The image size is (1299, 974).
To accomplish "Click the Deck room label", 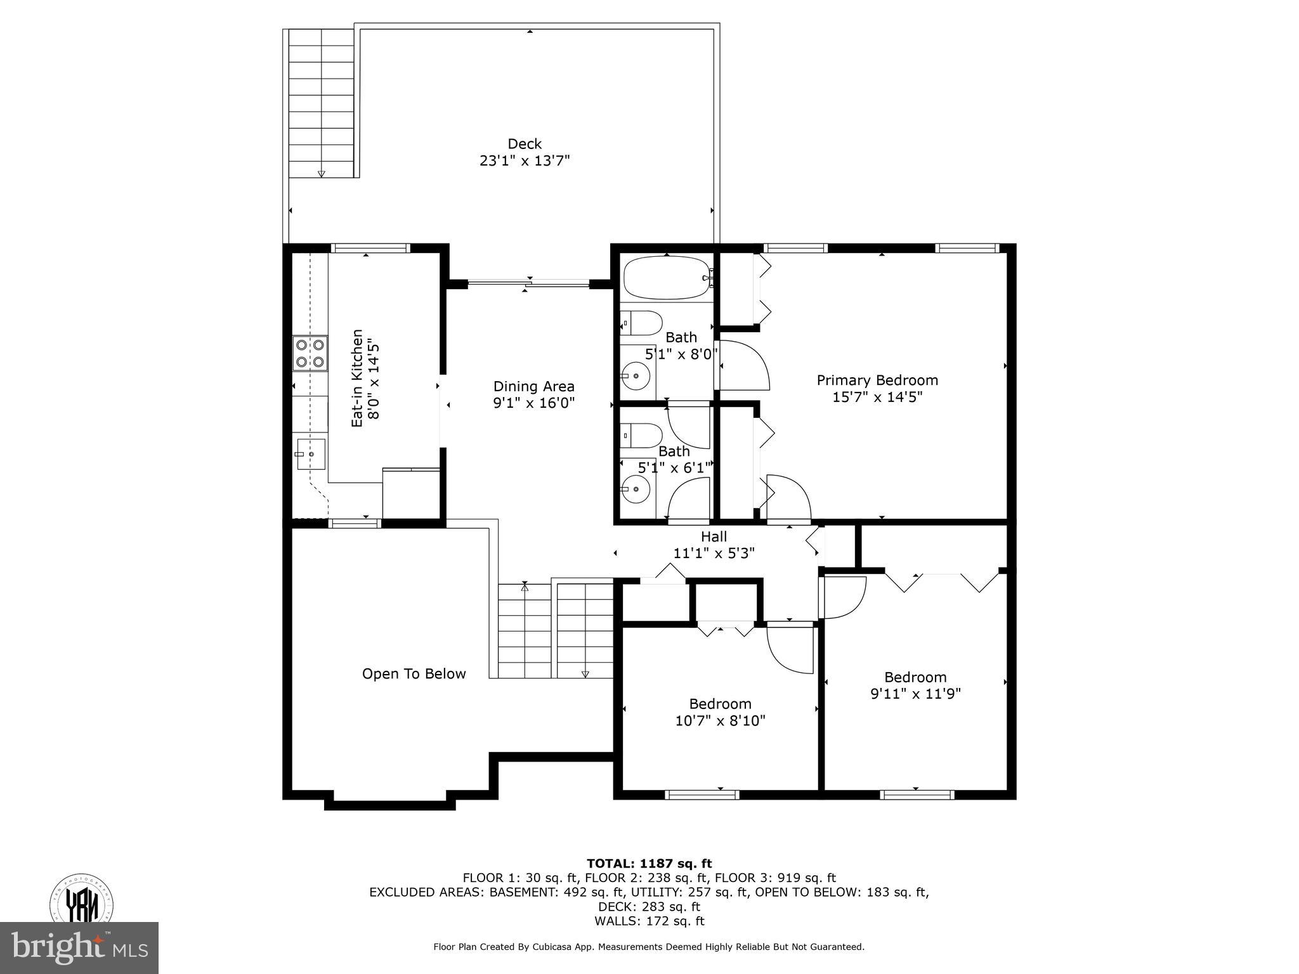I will (525, 144).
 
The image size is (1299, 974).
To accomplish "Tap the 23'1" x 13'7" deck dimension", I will (525, 161).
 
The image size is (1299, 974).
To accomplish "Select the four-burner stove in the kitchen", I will (310, 353).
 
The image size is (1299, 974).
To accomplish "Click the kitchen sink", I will (311, 454).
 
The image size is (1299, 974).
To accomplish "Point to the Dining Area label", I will (534, 386).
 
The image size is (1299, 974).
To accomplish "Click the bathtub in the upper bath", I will (667, 278).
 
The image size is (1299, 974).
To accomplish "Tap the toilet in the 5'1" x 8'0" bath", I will (642, 323).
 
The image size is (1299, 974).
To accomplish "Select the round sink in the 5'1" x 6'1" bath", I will (636, 489).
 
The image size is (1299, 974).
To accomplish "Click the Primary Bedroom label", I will (877, 380).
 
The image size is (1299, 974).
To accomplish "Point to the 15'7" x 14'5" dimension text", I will (877, 397).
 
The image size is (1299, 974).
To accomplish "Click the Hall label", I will (714, 536).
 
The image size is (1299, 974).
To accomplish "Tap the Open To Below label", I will (414, 673).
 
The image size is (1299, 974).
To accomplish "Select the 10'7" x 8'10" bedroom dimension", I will (720, 721).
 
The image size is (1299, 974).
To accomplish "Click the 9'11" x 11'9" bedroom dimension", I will (915, 694).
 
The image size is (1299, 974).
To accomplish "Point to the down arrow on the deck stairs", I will (321, 173).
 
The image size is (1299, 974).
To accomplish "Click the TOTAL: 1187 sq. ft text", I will (649, 863).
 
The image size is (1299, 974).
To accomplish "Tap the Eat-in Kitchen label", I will (358, 378).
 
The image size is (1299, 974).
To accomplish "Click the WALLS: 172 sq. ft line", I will (649, 921).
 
